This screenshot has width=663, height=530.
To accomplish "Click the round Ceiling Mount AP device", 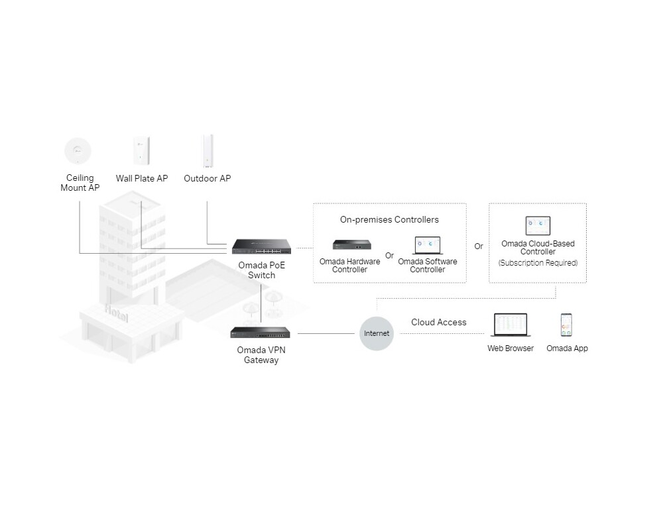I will pos(78,150).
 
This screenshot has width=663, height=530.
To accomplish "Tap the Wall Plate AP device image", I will pos(142,150).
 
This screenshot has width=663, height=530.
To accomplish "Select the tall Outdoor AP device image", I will pos(207,152).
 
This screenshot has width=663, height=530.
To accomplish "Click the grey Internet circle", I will pos(377,333).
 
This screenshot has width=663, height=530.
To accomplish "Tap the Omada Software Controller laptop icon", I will pos(428,246).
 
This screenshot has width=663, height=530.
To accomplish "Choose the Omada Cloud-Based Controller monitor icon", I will pos(538,226).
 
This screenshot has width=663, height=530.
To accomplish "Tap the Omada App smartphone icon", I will pos(567,325).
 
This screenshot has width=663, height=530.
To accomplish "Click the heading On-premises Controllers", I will pos(389,219).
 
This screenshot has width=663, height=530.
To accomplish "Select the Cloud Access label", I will pos(438,323).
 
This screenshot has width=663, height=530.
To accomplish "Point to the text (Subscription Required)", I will pos(538,263).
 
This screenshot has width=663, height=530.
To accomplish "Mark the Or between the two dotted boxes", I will pos(479,246).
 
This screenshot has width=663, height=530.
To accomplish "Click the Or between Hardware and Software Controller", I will pos(389,256).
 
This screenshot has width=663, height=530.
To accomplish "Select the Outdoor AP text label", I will pos(207,178).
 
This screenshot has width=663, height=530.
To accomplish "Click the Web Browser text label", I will pos(511,348).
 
